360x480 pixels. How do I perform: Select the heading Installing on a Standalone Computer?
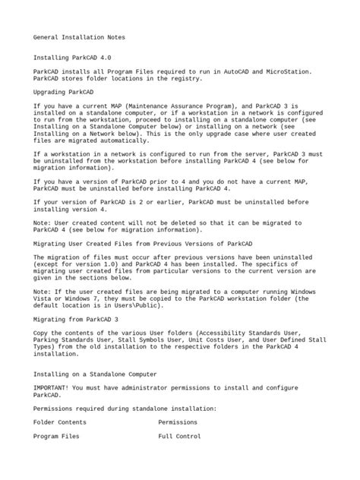click(95, 374)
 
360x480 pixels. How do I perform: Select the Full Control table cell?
click(179, 437)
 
